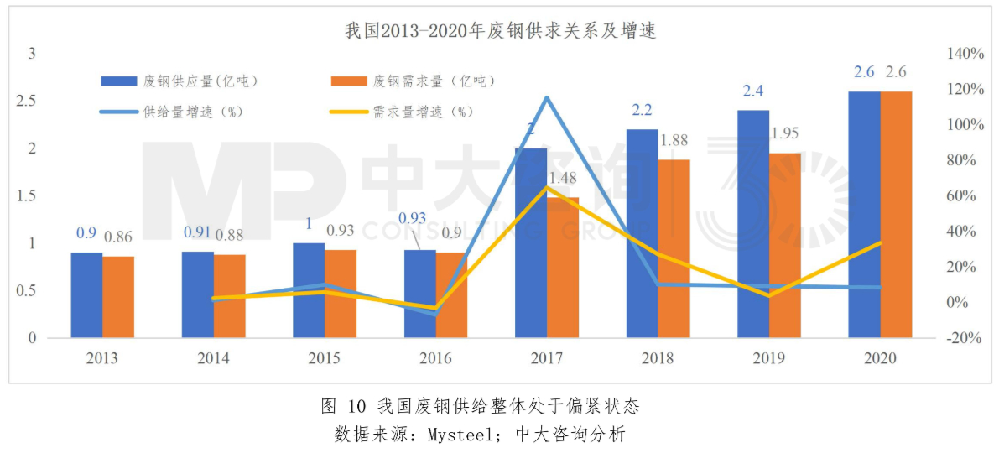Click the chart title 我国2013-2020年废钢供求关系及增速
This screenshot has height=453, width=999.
click(x=500, y=32)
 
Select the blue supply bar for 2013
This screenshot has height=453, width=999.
click(x=86, y=295)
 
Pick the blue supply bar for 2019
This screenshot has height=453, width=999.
click(x=753, y=224)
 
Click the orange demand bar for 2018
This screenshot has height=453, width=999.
click(x=674, y=249)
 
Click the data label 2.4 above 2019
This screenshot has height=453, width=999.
click(x=752, y=91)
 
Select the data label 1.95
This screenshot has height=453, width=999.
click(x=785, y=133)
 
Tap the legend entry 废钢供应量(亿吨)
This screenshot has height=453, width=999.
click(x=180, y=81)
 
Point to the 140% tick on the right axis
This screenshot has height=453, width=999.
click(x=964, y=54)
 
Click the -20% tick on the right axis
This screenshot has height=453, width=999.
click(x=964, y=338)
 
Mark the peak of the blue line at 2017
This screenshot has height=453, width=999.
click(x=547, y=98)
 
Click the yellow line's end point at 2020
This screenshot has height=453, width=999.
click(x=880, y=242)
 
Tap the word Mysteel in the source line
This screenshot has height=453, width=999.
click(x=457, y=435)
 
